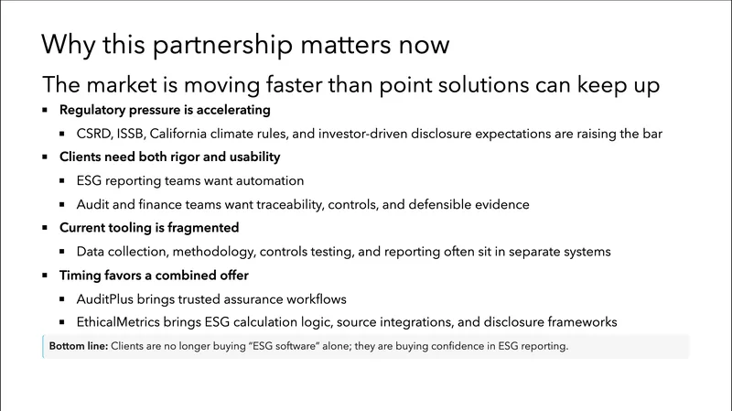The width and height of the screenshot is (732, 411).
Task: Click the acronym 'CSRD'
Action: pyautogui.click(x=94, y=134)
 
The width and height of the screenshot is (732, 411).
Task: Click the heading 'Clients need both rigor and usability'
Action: pyautogui.click(x=170, y=157)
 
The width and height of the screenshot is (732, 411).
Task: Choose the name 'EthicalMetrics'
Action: pyautogui.click(x=121, y=322)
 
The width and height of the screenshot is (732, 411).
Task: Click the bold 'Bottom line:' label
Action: pyautogui.click(x=77, y=347)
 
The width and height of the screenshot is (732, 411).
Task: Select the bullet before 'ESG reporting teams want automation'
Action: pyautogui.click(x=63, y=181)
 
